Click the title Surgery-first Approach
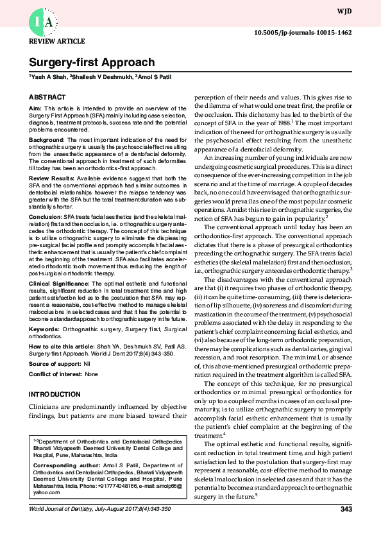[92, 62]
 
